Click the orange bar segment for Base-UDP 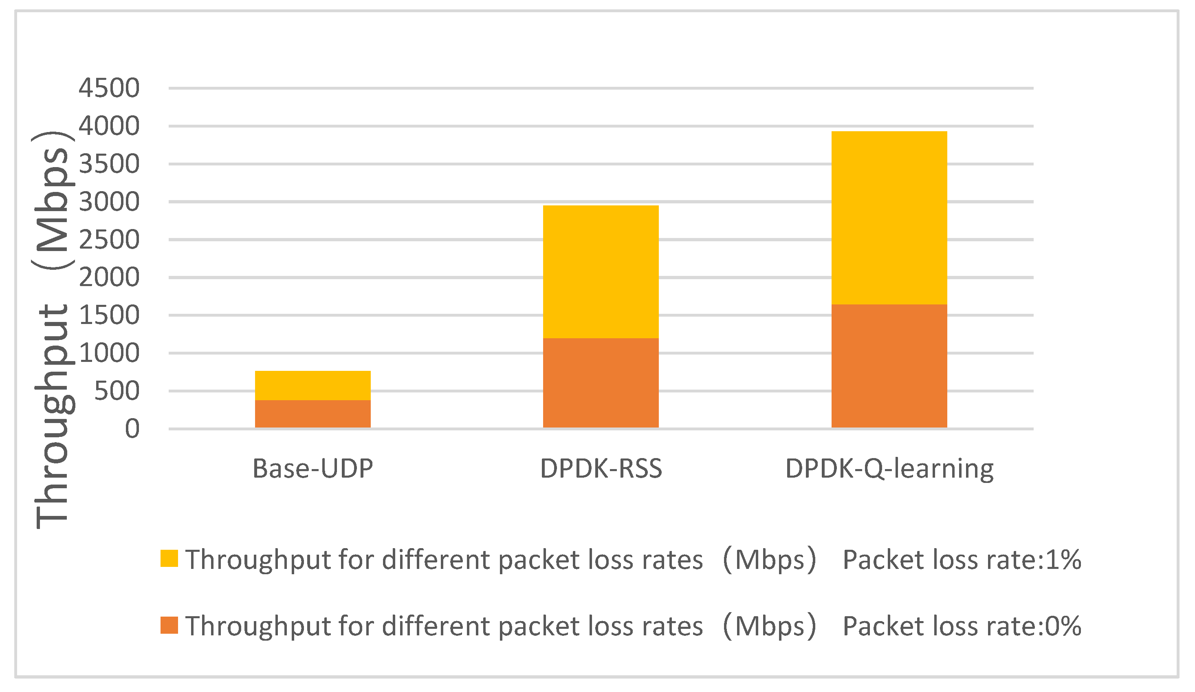[313, 414]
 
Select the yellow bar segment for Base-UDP [313, 385]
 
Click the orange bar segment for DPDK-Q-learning [889, 366]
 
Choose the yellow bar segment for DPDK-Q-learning [889, 218]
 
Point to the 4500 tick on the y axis [109, 88]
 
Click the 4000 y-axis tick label [109, 126]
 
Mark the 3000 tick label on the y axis [109, 202]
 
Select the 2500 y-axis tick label [109, 240]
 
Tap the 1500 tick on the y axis [109, 315]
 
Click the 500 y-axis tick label [117, 391]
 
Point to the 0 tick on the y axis [132, 429]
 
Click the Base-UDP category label [313, 469]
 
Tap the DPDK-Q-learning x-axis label [889, 469]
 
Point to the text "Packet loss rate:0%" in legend [962, 626]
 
